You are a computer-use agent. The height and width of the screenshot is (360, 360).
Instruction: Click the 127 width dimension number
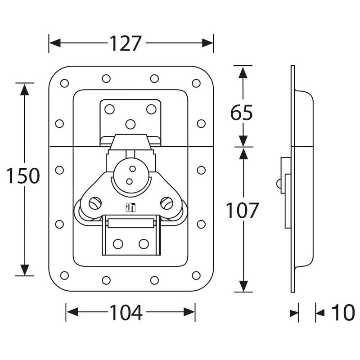[125, 44]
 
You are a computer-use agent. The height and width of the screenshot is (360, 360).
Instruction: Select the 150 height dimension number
[23, 176]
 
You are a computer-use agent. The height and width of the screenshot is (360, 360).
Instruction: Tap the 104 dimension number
[126, 312]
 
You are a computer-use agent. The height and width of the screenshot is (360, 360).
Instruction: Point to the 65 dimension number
[242, 113]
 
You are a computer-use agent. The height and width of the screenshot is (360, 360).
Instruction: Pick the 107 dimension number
[243, 211]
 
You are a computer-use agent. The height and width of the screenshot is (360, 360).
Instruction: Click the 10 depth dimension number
[343, 312]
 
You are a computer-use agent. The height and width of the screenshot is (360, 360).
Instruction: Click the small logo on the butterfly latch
[130, 207]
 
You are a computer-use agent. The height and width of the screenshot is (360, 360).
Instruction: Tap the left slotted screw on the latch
[95, 203]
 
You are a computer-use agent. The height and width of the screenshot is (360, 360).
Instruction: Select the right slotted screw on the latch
[166, 203]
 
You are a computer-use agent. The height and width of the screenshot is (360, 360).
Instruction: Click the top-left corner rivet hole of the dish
[64, 83]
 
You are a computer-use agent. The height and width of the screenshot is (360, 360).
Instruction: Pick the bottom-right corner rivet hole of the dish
[196, 275]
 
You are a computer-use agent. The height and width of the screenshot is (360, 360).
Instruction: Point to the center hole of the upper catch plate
[130, 124]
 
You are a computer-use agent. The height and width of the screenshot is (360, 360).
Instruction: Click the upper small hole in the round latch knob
[132, 169]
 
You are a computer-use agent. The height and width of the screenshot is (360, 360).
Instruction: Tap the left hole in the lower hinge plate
[118, 244]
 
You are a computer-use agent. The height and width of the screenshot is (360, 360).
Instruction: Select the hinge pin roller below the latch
[131, 223]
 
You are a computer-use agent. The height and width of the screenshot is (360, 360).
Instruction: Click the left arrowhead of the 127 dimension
[55, 43]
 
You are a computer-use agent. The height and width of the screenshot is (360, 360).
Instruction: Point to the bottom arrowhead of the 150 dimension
[25, 270]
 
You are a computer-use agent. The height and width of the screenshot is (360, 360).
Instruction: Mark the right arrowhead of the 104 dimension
[189, 312]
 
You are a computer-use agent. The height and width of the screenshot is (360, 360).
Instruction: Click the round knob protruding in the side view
[279, 184]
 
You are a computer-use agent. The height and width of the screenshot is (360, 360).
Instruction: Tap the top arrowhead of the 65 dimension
[243, 72]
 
